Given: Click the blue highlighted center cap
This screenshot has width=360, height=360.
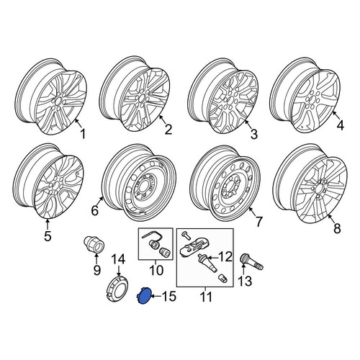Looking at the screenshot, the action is pos(144,296).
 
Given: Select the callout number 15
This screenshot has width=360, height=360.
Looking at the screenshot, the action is pos(169,297).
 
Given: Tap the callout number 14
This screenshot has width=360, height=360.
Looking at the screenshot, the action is pos(119,260).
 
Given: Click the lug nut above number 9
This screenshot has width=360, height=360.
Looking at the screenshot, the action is pos(94,244).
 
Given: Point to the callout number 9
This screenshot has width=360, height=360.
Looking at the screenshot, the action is pos(96,270).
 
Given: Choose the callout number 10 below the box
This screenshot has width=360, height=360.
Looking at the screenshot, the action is pos(156,270).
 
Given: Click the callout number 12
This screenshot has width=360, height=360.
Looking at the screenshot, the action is pos(225,257).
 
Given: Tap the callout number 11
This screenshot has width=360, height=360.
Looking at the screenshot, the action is pos(206,297).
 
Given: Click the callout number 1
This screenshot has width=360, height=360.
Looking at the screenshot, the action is pos(83,134).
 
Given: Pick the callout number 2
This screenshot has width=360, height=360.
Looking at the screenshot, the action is pos(168,129).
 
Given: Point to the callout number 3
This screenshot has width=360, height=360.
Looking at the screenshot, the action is pos(253,134).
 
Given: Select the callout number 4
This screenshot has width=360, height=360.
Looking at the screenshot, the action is pos(340,125).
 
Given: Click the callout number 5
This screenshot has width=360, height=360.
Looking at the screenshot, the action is pos(48,235).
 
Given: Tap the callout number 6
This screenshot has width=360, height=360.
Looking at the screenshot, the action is pos(95,210).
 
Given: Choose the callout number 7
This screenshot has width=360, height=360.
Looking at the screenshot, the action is pos(258,221).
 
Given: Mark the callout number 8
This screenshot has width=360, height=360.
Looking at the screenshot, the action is pos(337,228).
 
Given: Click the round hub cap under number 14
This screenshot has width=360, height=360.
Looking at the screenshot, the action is pos(117,289).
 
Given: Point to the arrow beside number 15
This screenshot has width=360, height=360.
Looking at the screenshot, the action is pos(156,297).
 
